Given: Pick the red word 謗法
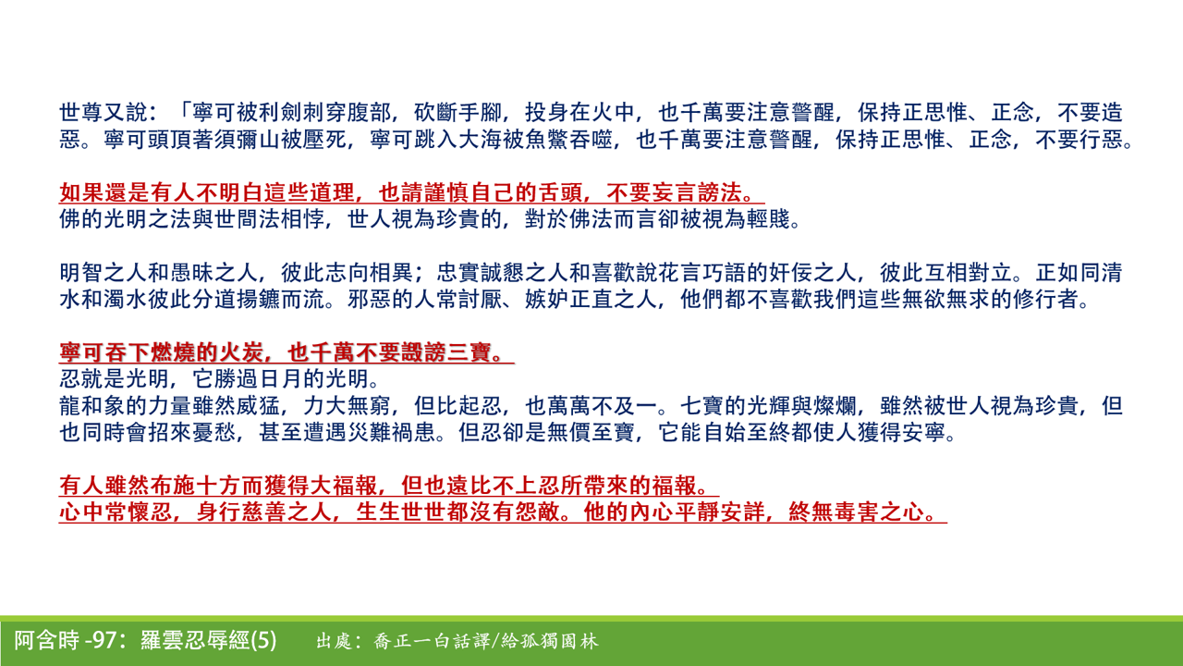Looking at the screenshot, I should (723, 193).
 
